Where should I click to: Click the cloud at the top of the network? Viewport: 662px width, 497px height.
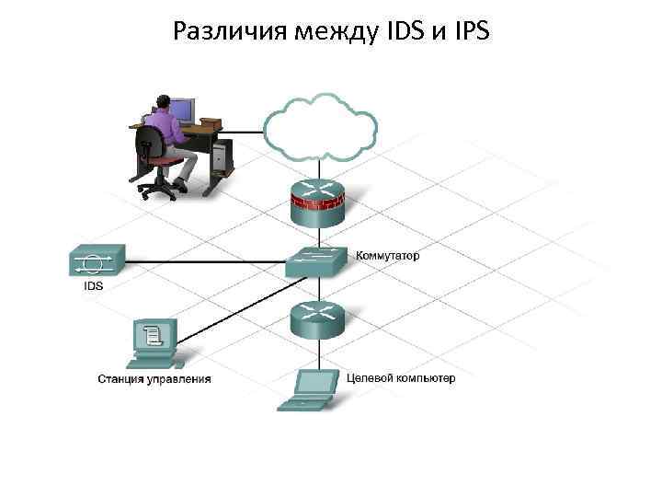[319, 127]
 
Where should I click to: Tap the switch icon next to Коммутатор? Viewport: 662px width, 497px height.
[315, 262]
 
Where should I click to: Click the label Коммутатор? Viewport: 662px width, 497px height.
[387, 256]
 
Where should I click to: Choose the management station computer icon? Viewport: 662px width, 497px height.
[153, 344]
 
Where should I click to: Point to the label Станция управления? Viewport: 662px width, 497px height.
[154, 378]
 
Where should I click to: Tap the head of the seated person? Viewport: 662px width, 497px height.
[164, 102]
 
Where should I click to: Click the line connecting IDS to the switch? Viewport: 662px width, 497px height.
[202, 261]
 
